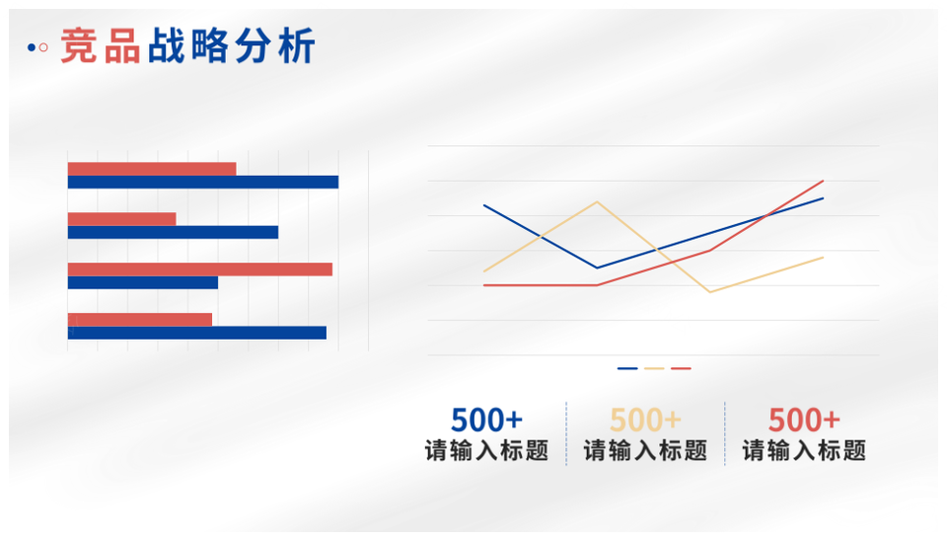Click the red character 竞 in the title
click(x=79, y=46)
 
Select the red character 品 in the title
click(x=122, y=46)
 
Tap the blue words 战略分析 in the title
click(x=231, y=46)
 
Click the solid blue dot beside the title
click(x=32, y=47)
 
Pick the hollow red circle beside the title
click(x=43, y=47)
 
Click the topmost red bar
click(x=152, y=169)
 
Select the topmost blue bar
click(x=203, y=182)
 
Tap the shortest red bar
click(x=122, y=219)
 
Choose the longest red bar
click(x=200, y=269)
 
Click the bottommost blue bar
click(x=197, y=333)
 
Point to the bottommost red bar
click(x=140, y=319)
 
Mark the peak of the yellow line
click(x=597, y=202)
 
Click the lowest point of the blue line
click(x=597, y=268)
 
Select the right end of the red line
click(x=823, y=181)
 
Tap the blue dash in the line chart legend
click(x=627, y=368)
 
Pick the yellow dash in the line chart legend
click(x=654, y=368)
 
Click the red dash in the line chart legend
click(x=681, y=368)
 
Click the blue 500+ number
click(x=486, y=421)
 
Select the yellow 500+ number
click(x=645, y=421)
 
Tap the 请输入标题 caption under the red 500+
click(x=804, y=451)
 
